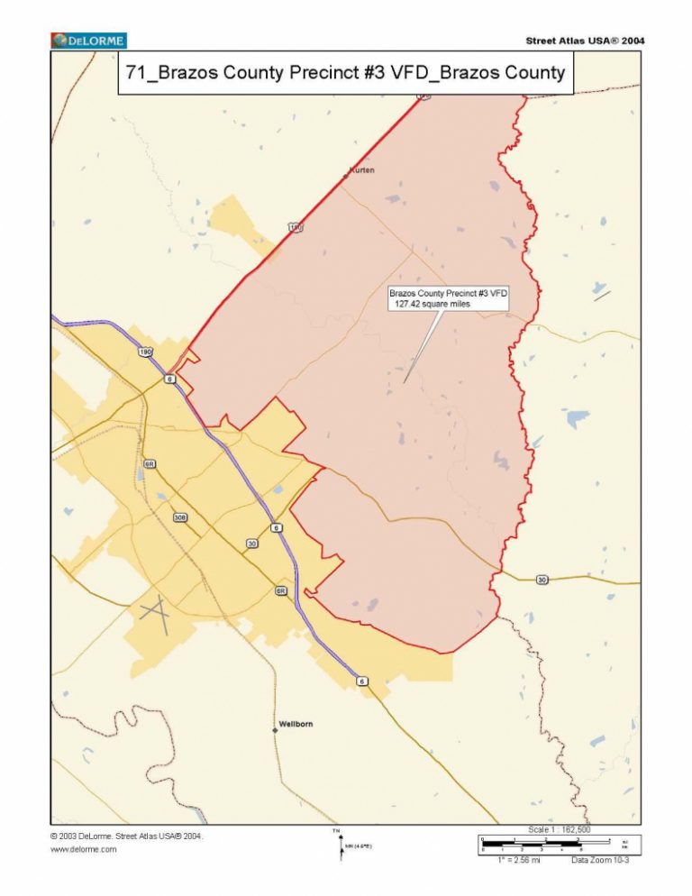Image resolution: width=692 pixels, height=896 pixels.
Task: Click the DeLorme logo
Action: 88,41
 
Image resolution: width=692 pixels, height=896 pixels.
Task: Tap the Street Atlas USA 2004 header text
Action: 584,41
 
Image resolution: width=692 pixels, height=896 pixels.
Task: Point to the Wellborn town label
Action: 296,724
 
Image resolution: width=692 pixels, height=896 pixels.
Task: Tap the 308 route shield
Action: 180,517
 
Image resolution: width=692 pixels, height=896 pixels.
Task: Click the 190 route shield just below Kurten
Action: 296,228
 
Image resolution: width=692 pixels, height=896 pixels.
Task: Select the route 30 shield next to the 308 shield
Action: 251,544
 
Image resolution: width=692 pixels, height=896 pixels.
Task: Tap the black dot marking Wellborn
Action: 275,729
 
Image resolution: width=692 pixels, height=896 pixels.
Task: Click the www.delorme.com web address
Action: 84,849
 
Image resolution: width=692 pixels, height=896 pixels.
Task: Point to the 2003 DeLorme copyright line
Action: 126,836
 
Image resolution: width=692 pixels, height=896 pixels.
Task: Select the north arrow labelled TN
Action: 339,842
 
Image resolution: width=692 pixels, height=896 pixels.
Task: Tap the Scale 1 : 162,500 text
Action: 560,829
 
